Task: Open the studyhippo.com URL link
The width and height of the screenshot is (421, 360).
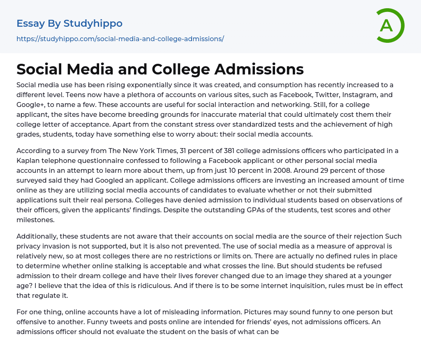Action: tap(120, 39)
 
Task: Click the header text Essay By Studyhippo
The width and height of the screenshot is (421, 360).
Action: tap(69, 23)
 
